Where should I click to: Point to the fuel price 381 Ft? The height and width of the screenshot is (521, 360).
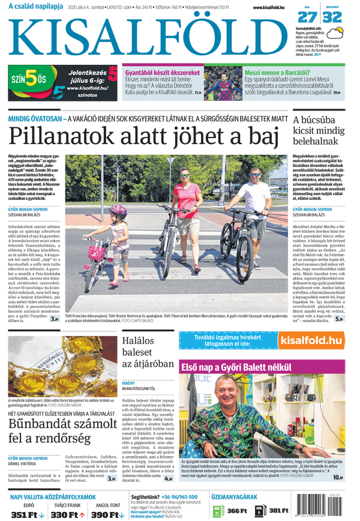coord(279,510)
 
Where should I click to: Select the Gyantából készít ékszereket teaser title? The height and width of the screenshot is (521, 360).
coord(162,73)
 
